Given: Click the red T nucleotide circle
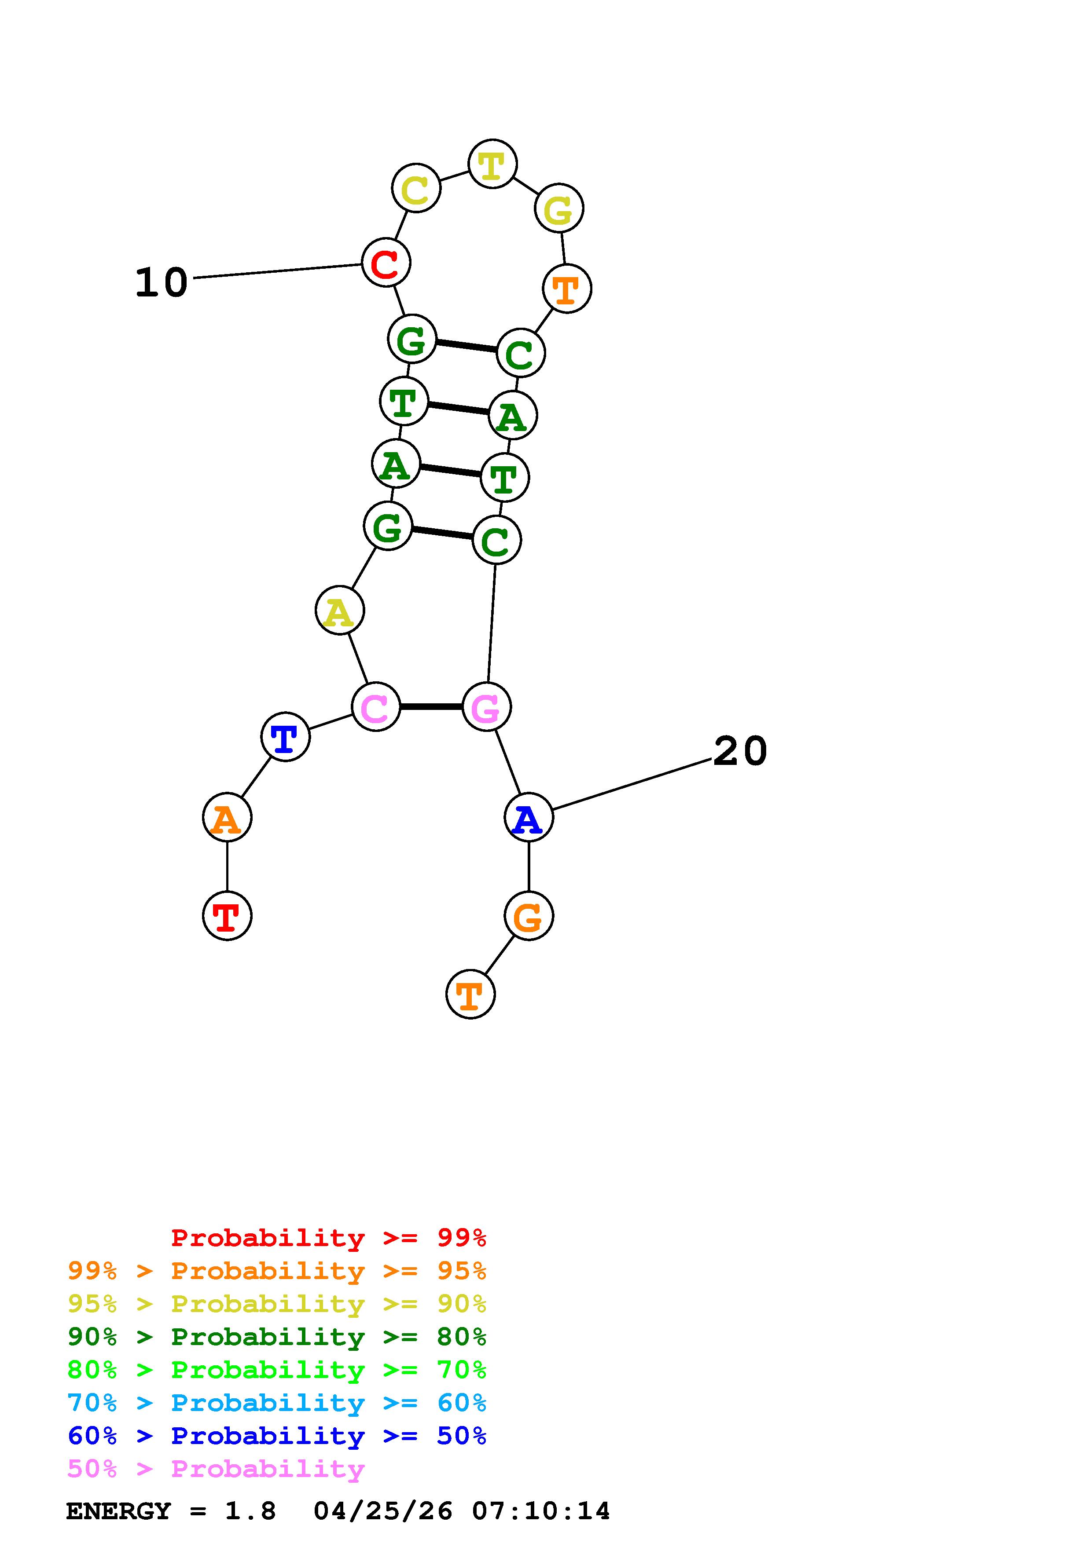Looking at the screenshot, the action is pos(227,915).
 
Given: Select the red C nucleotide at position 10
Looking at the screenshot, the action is pos(386,262).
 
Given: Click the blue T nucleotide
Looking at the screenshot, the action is pos(285,737).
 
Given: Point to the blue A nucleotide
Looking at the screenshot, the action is pos(529,817).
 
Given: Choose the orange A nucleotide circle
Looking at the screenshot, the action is pos(227,817).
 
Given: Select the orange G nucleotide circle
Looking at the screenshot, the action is pos(529,915).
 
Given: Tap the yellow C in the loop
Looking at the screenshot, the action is pos(416,188).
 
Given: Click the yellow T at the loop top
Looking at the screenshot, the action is pos(492,164).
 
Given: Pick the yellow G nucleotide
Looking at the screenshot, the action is pos(558,208).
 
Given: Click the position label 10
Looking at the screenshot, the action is pos(162,282).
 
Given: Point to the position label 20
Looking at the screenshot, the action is pos(739,751).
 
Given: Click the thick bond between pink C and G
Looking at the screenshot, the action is pos(431,706).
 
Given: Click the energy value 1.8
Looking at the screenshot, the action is pos(250,1511).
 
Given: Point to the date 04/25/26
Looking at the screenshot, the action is pos(383,1511).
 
